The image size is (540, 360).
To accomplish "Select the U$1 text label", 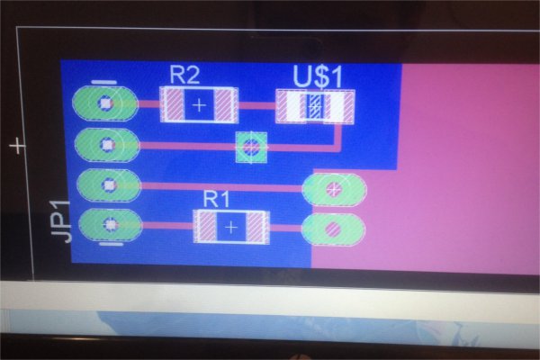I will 317,76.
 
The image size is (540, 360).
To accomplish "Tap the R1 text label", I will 217,198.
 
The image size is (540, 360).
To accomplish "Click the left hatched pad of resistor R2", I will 172,104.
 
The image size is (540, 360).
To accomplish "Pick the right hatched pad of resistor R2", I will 226,104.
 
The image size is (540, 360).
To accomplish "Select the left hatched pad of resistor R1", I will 205,226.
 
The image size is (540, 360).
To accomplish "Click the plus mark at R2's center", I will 199,105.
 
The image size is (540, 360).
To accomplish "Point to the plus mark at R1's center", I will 232,227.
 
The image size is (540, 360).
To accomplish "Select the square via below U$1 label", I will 250,146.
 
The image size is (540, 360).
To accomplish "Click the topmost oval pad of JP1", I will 105,103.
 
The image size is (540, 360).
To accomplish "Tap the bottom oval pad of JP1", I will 110,225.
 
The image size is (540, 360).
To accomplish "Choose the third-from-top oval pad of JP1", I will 109,185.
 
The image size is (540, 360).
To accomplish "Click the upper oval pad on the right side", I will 335,189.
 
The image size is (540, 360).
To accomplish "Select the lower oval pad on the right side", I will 334,229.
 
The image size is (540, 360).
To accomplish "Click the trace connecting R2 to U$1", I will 256,105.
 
